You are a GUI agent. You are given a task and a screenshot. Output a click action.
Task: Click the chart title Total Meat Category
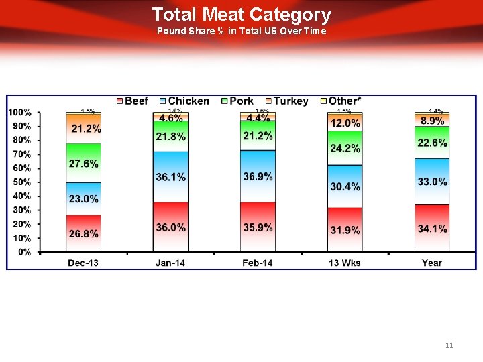coord(241,15)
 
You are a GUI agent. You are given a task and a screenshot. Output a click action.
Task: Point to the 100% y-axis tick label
coord(19,112)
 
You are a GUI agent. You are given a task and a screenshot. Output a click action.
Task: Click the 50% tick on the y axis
coord(22,182)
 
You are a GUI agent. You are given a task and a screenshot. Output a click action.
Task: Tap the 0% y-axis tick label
coord(24,252)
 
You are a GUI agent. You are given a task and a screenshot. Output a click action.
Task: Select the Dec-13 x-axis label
coord(83,263)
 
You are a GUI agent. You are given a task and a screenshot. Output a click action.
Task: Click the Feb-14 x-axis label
coord(258,263)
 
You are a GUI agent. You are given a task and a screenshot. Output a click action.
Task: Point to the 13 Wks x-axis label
coord(345,263)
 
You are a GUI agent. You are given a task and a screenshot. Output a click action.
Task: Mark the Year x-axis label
coord(432,263)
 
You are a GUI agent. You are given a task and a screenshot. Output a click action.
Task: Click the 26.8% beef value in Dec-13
coord(84,234)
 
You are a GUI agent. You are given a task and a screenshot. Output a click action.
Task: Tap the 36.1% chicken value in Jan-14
coord(170,177)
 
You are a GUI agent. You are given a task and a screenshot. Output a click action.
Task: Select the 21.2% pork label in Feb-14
coord(258,136)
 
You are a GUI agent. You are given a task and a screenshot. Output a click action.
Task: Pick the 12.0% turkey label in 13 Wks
coord(345,123)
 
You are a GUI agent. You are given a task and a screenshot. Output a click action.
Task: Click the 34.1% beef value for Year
coord(432,229)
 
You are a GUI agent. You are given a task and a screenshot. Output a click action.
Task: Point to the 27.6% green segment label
coord(84,164)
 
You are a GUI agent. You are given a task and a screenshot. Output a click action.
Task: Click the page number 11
coord(449,345)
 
